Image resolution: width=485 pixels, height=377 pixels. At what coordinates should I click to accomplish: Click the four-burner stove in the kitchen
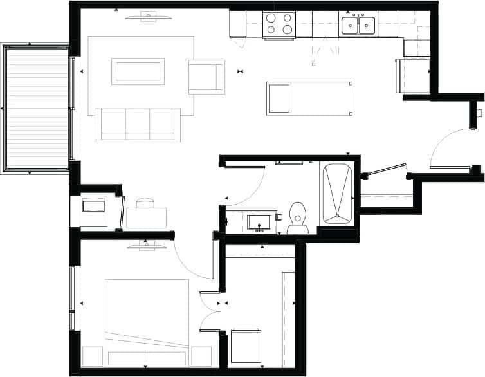pyautogui.click(x=279, y=24)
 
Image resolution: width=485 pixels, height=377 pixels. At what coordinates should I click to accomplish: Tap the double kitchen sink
pyautogui.click(x=358, y=25)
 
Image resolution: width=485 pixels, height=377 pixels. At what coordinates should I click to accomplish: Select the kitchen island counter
pyautogui.click(x=309, y=98)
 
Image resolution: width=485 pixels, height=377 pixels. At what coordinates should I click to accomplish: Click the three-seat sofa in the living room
pyautogui.click(x=138, y=124)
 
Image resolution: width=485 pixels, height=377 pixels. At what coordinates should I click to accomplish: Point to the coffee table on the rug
pyautogui.click(x=138, y=71)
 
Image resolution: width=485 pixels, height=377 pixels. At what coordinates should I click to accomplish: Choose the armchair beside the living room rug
pyautogui.click(x=206, y=77)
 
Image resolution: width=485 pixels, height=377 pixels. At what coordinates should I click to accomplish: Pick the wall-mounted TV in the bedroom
pyautogui.click(x=145, y=245)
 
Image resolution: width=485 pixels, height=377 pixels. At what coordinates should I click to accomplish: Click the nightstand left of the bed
pyautogui.click(x=93, y=356)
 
